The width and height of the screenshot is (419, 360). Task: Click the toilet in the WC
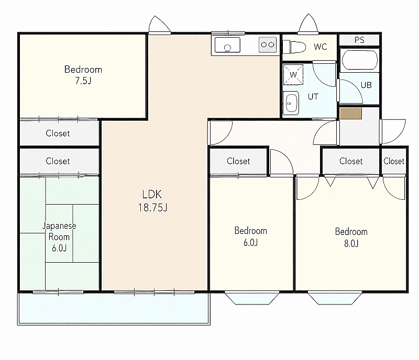click(x=294, y=47)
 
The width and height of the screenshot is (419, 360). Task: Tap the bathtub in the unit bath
click(x=359, y=60)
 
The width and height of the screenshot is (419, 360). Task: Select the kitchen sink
click(x=227, y=45)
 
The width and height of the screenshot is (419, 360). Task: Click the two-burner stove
click(x=268, y=44)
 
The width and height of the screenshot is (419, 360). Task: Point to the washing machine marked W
click(x=293, y=74)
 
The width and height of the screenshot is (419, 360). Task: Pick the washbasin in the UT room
click(x=291, y=103)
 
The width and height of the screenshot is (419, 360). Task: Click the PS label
click(x=359, y=40)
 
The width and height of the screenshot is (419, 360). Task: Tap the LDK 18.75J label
click(x=152, y=201)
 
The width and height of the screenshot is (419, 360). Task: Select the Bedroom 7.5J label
click(x=83, y=75)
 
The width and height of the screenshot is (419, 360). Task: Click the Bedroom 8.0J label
click(x=351, y=237)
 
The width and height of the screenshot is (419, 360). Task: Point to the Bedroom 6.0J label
click(x=250, y=237)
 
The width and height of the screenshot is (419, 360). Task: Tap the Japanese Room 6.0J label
click(x=59, y=237)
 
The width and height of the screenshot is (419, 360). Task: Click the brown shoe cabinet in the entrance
click(x=350, y=113)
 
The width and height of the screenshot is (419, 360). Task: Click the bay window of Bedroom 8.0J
click(x=335, y=298)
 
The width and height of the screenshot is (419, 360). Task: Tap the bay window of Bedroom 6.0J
click(x=252, y=298)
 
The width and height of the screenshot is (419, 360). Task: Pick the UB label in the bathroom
click(x=366, y=85)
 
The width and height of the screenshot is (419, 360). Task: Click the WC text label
click(x=321, y=47)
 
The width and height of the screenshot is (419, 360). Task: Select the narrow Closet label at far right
click(x=394, y=161)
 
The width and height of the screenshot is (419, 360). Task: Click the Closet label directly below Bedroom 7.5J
click(x=58, y=133)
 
